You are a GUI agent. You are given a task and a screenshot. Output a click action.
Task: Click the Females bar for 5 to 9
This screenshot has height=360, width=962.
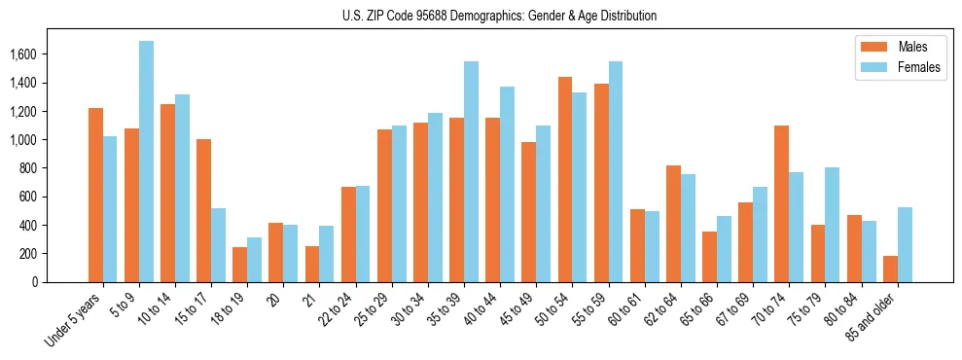146,162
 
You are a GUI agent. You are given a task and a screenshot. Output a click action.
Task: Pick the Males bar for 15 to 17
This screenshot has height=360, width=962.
203,210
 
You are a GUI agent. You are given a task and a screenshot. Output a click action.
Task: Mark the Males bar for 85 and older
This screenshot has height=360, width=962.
889,269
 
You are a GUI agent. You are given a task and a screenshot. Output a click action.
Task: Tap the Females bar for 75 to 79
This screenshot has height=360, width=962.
832,225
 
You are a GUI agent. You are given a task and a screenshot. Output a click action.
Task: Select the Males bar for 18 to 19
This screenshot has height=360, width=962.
239,264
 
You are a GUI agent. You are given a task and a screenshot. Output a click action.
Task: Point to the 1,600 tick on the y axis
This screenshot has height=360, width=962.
40,54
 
